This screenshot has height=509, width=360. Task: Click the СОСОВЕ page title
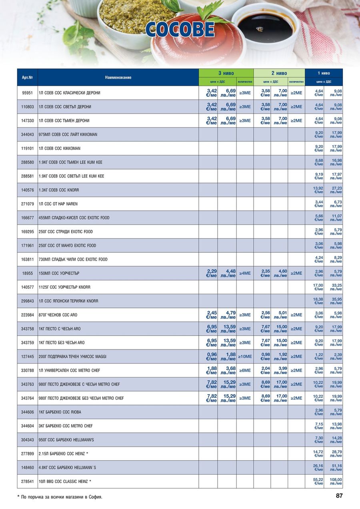tap(180, 30)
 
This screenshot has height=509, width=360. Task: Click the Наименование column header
tap(118, 77)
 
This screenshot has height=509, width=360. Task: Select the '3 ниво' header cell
tap(226, 73)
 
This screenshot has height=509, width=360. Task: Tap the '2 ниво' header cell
tap(279, 73)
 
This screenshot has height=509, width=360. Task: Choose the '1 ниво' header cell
tap(324, 73)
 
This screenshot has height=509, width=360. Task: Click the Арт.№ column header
tap(27, 77)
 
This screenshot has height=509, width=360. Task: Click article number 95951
tap(27, 93)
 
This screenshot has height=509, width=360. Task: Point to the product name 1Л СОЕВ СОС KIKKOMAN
tap(60, 148)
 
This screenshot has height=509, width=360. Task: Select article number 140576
tap(27, 190)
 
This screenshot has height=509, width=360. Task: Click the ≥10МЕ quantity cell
tap(245, 357)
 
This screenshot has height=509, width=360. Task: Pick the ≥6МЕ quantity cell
tap(245, 370)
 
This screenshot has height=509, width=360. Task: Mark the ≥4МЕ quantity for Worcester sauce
tap(245, 273)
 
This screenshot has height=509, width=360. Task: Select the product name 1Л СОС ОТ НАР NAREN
tap(58, 204)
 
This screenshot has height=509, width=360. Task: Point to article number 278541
tap(27, 481)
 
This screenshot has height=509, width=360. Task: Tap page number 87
tap(339, 496)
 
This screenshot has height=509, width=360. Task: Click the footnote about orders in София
tap(60, 497)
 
